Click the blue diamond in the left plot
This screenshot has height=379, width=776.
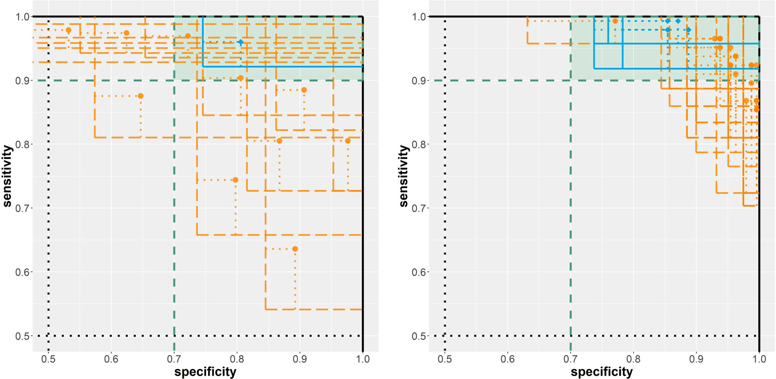(x=240, y=42)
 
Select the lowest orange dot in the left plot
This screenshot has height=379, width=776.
(x=295, y=249)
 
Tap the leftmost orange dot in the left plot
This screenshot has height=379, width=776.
(x=69, y=30)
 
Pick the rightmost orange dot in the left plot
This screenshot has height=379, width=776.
(x=348, y=141)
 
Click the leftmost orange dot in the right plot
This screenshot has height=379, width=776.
(x=615, y=21)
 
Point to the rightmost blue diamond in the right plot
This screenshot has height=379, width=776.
(x=688, y=30)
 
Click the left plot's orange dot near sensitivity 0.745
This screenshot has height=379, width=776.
(x=235, y=180)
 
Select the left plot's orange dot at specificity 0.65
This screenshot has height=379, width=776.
(x=141, y=96)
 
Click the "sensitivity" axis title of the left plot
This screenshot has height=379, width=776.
(x=7, y=176)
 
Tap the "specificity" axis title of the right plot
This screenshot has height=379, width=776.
(x=602, y=372)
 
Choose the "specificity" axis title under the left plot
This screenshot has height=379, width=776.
(x=205, y=372)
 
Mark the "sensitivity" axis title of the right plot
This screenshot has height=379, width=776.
(x=404, y=176)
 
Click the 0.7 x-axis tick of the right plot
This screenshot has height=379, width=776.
(x=571, y=359)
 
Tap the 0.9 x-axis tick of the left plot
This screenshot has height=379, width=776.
(x=300, y=359)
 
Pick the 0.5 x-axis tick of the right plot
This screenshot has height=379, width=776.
(x=445, y=359)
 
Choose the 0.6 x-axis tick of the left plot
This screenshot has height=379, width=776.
(x=111, y=359)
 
